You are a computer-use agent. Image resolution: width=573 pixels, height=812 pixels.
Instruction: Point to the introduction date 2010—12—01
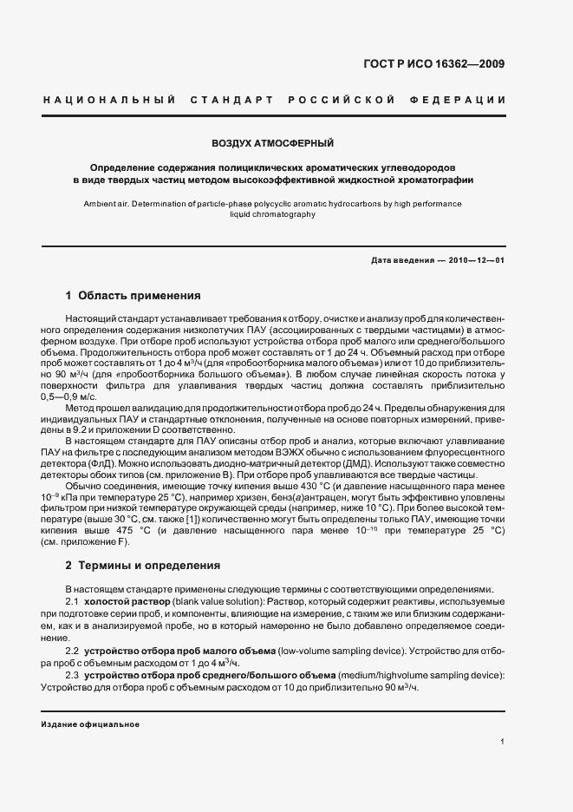pyautogui.click(x=473, y=261)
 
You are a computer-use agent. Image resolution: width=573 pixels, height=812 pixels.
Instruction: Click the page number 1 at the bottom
pyautogui.click(x=503, y=741)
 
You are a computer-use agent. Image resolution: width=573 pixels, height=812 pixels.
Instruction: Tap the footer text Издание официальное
pyautogui.click(x=90, y=724)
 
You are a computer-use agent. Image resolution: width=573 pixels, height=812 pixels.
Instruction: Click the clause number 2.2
pyautogui.click(x=73, y=651)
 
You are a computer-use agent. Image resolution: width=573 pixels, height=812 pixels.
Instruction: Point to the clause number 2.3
pyautogui.click(x=73, y=675)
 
